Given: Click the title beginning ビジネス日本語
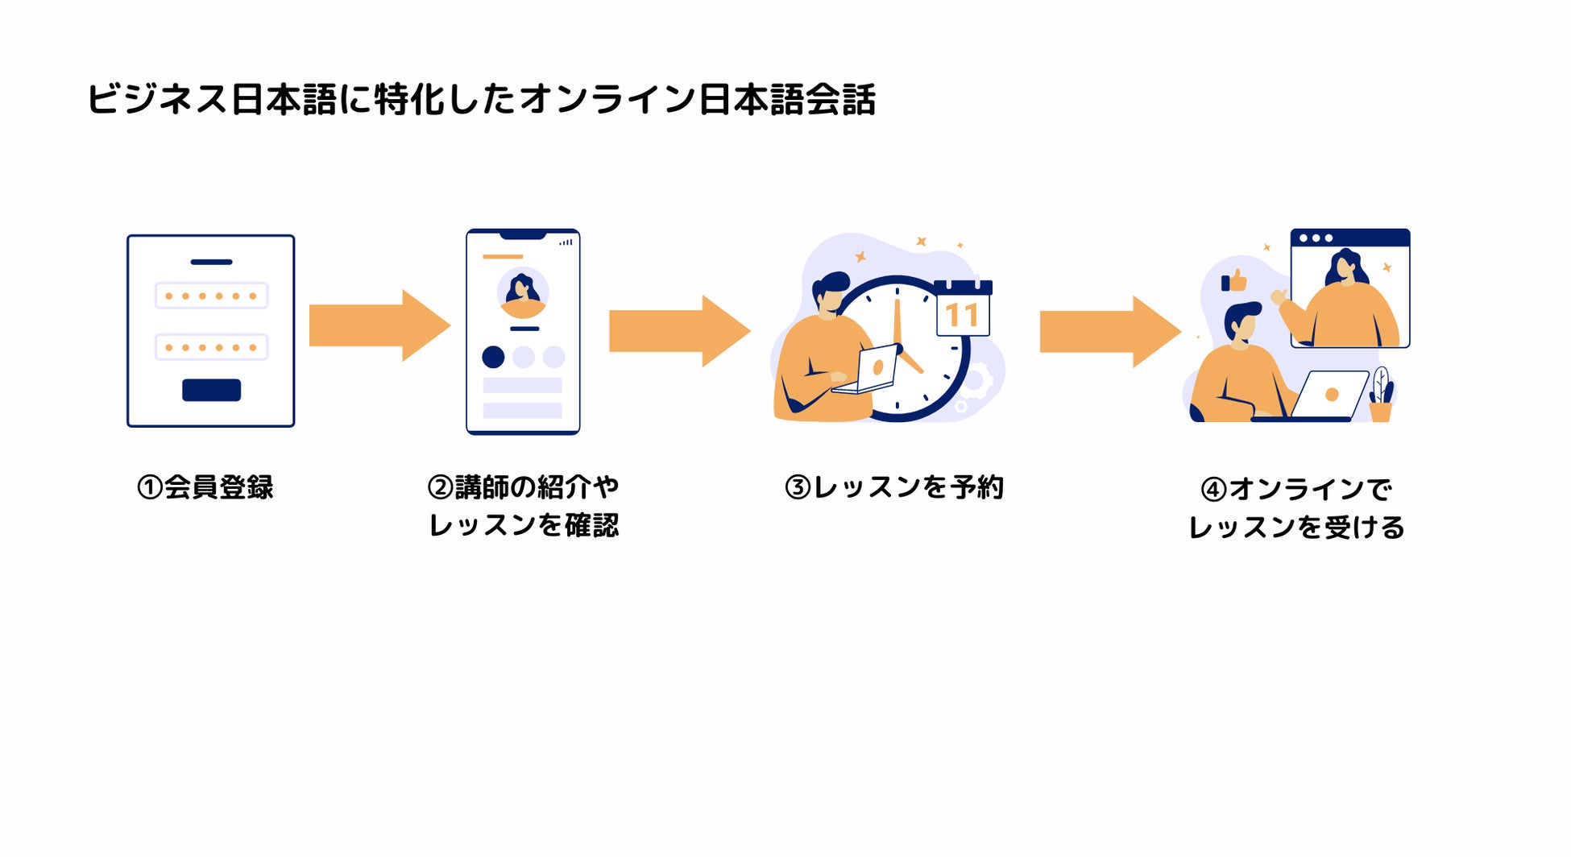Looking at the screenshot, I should point(481,100).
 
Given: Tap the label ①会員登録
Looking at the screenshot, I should point(205,487).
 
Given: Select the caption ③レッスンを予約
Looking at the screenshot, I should point(894,487).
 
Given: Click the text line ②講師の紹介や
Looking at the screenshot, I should point(524,486).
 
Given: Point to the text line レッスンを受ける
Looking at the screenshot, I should point(1296,528).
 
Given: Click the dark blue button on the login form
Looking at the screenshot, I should point(211,390).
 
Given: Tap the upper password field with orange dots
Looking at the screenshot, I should point(211,296).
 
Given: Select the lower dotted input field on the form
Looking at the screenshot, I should point(211,347).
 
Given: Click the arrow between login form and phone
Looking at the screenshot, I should point(379,325).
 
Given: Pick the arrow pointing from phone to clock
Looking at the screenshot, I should point(679,331).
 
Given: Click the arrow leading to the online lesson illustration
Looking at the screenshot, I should point(1109,331).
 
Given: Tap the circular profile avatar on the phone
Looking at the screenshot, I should point(523,293).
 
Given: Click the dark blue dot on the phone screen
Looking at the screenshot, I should point(493,357).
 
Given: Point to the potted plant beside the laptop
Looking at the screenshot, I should point(1381,396).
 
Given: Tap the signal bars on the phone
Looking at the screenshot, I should point(566,242).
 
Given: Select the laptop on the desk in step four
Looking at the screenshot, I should point(1329,395).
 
